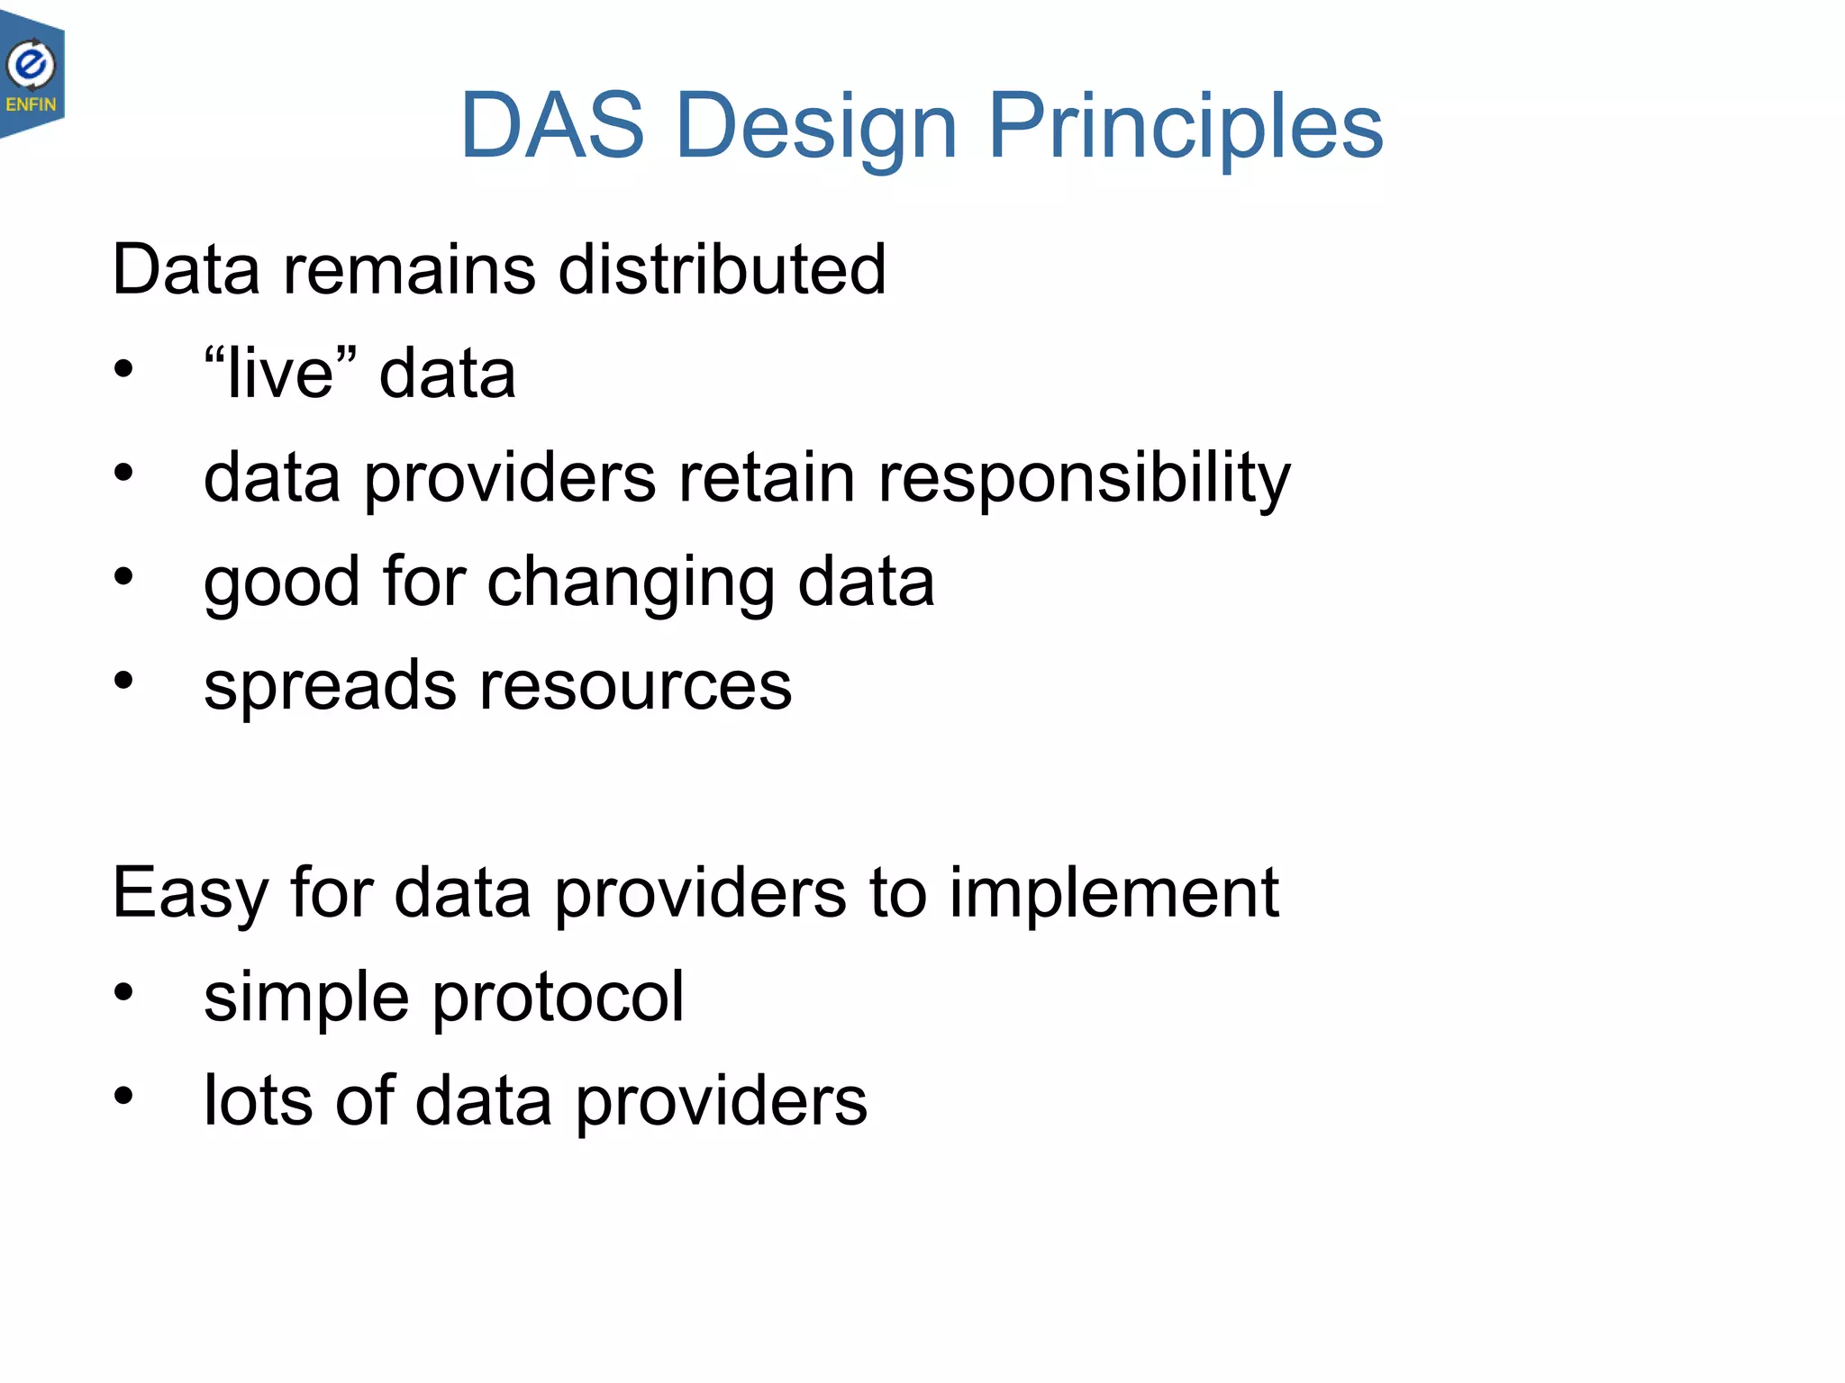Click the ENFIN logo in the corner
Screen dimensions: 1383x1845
pos(32,77)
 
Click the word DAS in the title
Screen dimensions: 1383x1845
pos(551,126)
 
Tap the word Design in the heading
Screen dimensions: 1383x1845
pos(815,126)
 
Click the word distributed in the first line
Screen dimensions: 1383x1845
pos(722,269)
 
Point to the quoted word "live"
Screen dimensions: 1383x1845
pos(280,373)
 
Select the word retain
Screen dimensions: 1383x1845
pos(766,477)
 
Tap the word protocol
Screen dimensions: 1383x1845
pos(558,998)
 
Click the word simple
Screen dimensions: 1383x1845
pos(306,998)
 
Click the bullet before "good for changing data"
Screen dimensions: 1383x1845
pos(123,576)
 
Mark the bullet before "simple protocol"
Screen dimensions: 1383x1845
pos(123,992)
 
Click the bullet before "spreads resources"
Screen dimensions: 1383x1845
pos(123,681)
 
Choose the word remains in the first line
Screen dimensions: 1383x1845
pos(410,269)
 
